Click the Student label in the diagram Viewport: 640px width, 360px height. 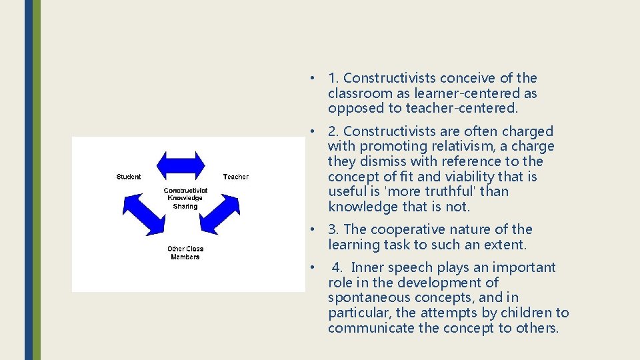(129, 177)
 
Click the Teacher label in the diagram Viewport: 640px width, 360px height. (235, 177)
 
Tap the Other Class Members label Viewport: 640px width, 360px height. (185, 253)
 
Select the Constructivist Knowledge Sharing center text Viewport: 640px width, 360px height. (185, 198)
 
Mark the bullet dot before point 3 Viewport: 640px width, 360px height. (311, 229)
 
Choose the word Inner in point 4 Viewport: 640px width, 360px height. (367, 267)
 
